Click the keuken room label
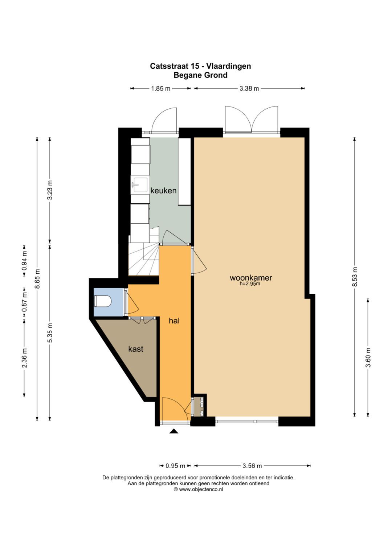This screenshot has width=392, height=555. click(x=164, y=190)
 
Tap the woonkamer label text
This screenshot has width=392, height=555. click(x=251, y=278)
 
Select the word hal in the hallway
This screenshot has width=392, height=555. click(x=174, y=321)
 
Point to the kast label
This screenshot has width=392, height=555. click(x=136, y=349)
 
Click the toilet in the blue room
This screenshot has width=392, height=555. click(x=103, y=302)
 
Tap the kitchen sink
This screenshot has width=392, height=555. click(x=140, y=185)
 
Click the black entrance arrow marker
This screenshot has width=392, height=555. click(x=174, y=431)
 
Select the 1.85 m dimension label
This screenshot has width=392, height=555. click(x=161, y=88)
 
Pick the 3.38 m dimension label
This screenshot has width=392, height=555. click(x=249, y=88)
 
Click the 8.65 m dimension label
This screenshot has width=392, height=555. click(x=37, y=279)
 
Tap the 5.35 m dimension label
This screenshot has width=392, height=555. click(x=50, y=333)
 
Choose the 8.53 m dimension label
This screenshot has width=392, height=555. click(x=355, y=277)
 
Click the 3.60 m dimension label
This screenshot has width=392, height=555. click(x=368, y=358)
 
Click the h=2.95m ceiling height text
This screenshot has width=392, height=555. click(x=250, y=284)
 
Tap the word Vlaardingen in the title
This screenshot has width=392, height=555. click(x=229, y=66)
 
